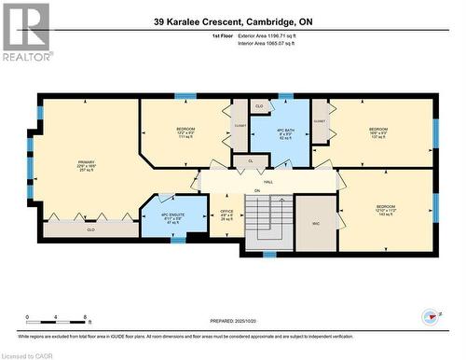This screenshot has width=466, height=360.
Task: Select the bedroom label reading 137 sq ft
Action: pos(377,132)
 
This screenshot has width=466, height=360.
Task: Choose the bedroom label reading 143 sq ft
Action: pos(386,210)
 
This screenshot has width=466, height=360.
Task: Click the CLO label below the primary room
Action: pos(90,228)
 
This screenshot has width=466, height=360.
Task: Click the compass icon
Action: pos(430,317)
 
